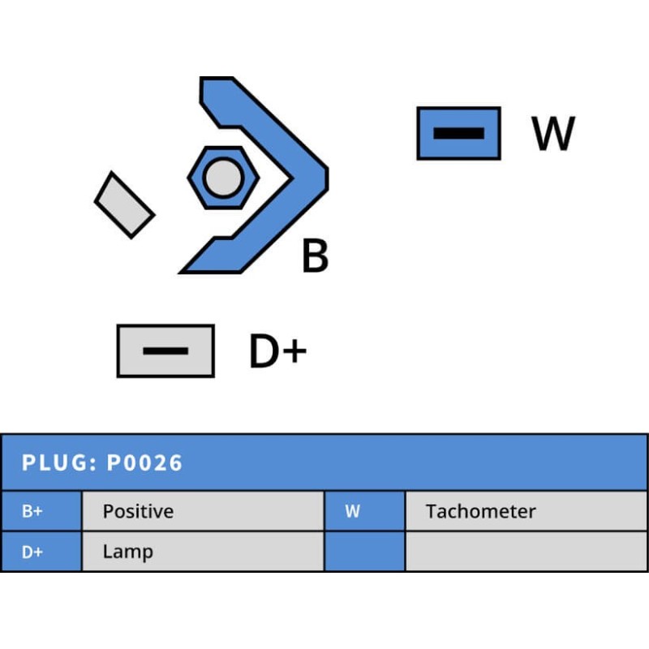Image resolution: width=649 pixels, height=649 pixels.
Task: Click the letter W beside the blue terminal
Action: coord(553,134)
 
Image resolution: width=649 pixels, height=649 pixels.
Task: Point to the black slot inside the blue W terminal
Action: coord(458,133)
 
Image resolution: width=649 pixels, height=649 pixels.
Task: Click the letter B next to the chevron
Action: coord(315,256)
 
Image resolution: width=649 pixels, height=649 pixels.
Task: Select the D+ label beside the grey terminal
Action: coord(277,352)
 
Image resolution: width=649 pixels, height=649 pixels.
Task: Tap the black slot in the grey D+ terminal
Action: coord(165,351)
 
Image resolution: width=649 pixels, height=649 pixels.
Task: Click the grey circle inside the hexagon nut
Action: coord(222,178)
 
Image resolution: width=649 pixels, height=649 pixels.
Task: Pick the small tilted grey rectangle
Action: coord(124,204)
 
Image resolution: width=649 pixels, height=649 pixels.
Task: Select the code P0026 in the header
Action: coord(145,463)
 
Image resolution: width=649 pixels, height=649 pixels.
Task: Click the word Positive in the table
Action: coord(138,512)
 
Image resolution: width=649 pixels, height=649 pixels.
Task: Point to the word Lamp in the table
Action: coord(127,552)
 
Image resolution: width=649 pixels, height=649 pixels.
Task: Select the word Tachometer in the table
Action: coord(481,512)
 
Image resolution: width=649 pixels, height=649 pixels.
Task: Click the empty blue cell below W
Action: coord(364,552)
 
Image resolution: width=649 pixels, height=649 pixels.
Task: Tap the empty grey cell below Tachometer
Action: coord(526,552)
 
